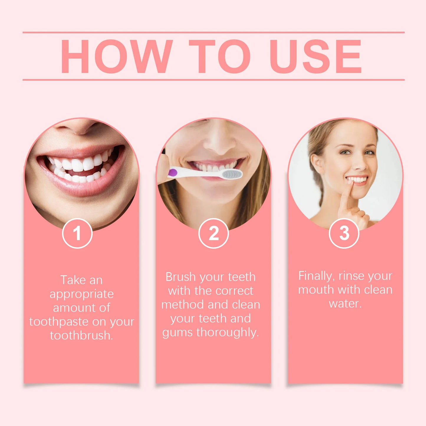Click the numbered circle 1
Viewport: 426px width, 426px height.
(x=77, y=233)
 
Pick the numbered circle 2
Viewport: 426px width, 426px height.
(x=213, y=233)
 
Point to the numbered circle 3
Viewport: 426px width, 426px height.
(x=344, y=233)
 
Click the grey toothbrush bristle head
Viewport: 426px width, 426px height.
(x=232, y=174)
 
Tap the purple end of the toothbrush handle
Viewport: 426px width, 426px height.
(x=172, y=173)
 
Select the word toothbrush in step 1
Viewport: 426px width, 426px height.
(x=81, y=335)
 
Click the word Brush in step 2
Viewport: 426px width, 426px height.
(x=180, y=277)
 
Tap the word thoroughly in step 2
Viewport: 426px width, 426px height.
(x=227, y=332)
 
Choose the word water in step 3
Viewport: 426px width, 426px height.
(x=345, y=303)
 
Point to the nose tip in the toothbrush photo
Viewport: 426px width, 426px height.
(x=219, y=144)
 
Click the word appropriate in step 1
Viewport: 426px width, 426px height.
(x=82, y=294)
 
